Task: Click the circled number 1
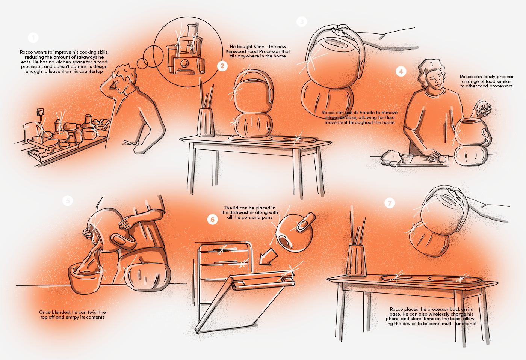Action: pyautogui.click(x=33, y=38)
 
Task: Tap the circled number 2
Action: pyautogui.click(x=222, y=66)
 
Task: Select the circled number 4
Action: pyautogui.click(x=401, y=71)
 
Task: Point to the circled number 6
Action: pyautogui.click(x=213, y=219)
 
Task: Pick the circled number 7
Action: pyautogui.click(x=390, y=203)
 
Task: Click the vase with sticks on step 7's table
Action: pyautogui.click(x=356, y=259)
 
